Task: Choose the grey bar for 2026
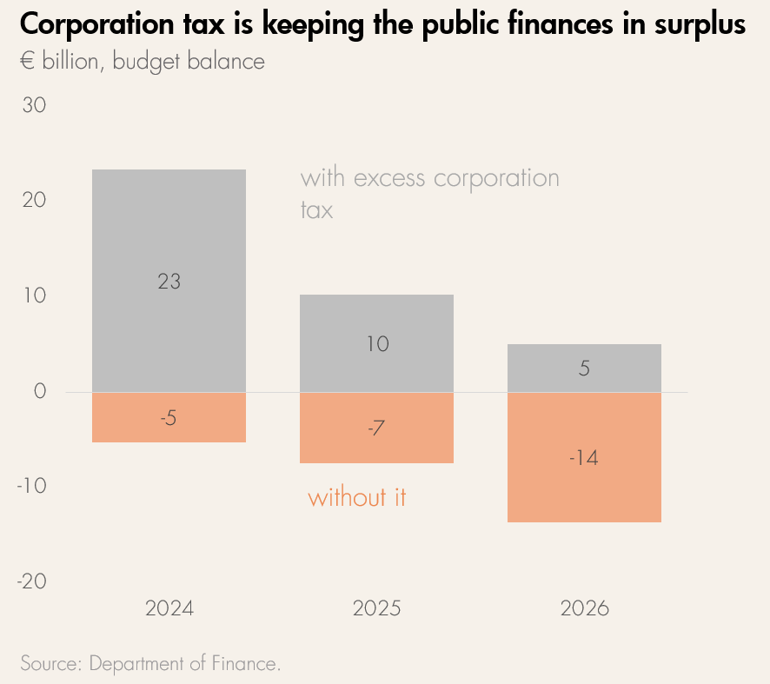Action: click(584, 382)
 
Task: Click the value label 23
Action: click(169, 281)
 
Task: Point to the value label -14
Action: click(583, 458)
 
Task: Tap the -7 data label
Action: click(376, 428)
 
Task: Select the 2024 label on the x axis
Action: click(169, 608)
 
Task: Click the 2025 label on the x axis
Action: click(376, 608)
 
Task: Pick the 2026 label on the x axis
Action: click(584, 608)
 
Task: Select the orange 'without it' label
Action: click(357, 498)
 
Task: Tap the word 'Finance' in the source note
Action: click(245, 663)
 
